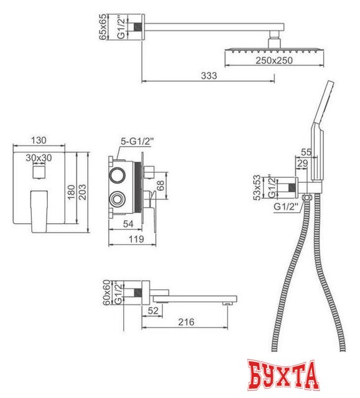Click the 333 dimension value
click(x=208, y=76)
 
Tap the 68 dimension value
click(x=160, y=185)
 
